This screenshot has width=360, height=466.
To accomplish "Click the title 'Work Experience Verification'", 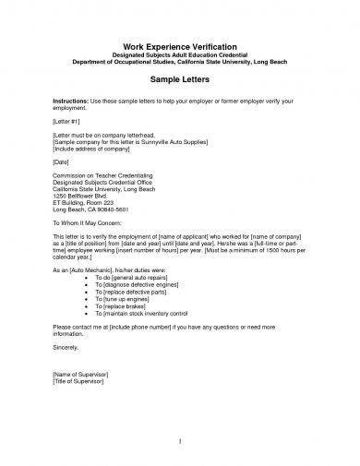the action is pos(181,47).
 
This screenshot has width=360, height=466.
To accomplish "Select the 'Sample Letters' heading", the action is pos(181,81).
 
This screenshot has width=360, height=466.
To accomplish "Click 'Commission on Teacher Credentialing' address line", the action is pos(98,176).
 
